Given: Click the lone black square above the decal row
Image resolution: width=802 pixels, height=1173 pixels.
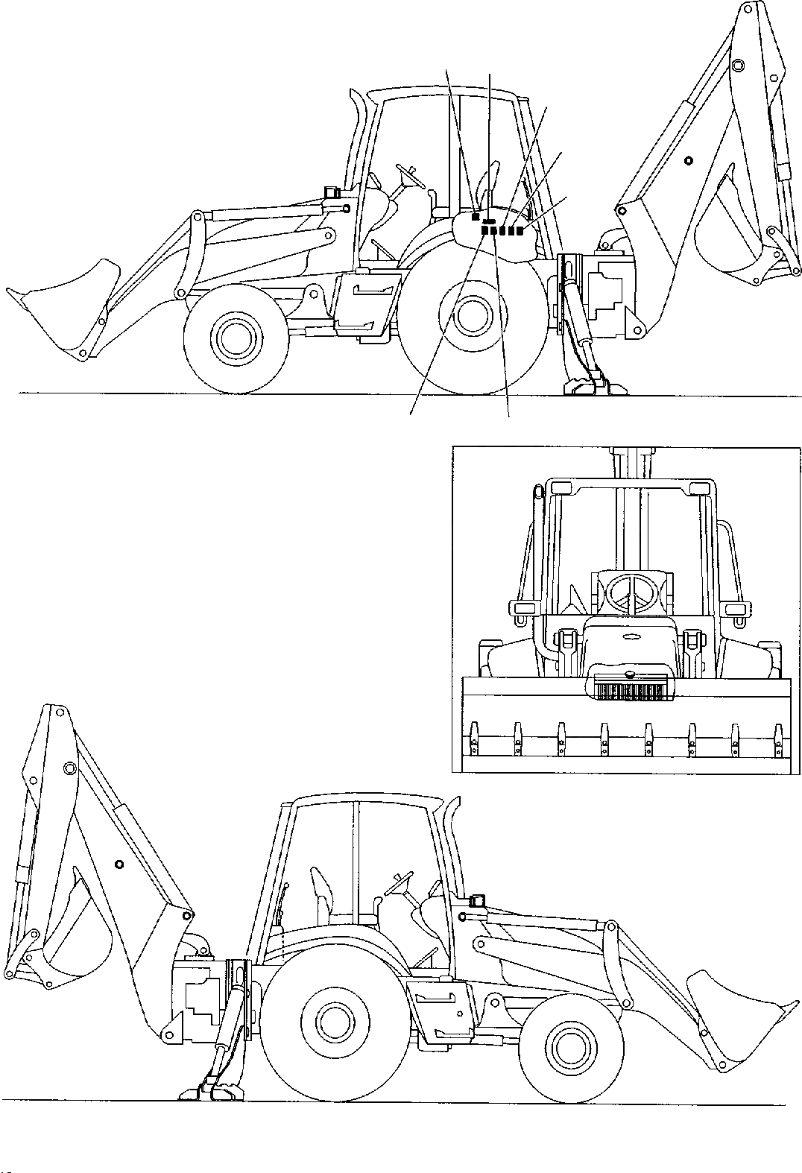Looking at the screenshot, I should tap(476, 218).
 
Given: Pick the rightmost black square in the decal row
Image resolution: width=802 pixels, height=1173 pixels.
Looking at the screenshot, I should tap(520, 231).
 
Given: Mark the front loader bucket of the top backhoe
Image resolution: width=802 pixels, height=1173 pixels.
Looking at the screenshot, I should tap(67, 306).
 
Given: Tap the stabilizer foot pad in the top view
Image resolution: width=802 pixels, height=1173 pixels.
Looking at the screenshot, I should tap(593, 385).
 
